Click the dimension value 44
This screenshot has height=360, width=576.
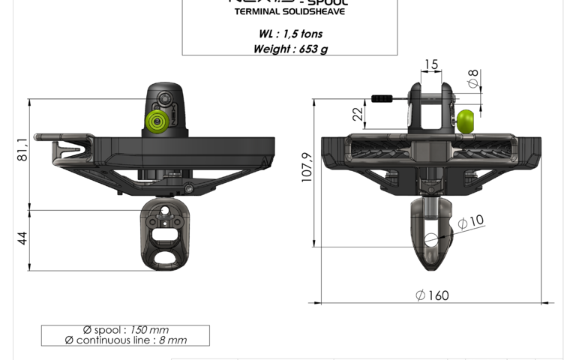pyautogui.click(x=22, y=238)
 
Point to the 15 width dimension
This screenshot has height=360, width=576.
pyautogui.click(x=430, y=65)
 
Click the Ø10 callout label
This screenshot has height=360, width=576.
pyautogui.click(x=471, y=222)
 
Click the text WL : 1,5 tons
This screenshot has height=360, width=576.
pyautogui.click(x=290, y=34)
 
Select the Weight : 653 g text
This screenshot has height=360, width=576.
pyautogui.click(x=290, y=49)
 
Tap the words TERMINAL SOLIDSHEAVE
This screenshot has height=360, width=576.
pyautogui.click(x=289, y=12)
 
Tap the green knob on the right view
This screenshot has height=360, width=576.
pyautogui.click(x=466, y=121)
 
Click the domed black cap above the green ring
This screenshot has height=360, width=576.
pyautogui.click(x=165, y=96)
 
